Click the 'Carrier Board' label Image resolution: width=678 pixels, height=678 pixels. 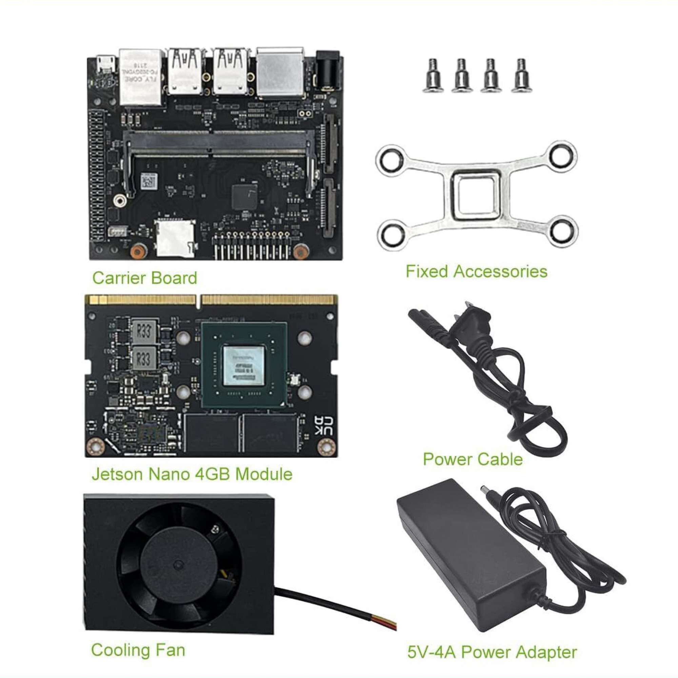(x=145, y=278)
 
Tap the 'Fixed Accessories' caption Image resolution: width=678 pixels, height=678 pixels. (x=476, y=272)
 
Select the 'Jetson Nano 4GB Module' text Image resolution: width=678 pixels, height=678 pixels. (x=192, y=474)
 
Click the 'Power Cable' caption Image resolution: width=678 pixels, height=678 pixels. (x=473, y=459)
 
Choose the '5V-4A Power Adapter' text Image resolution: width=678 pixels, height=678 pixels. (x=492, y=652)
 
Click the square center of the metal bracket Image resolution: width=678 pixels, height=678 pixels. (x=476, y=195)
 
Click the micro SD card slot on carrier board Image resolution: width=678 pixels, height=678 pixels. (x=175, y=238)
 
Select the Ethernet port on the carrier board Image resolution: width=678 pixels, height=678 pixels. (x=141, y=77)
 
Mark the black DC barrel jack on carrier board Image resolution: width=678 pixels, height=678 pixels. (x=329, y=72)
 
